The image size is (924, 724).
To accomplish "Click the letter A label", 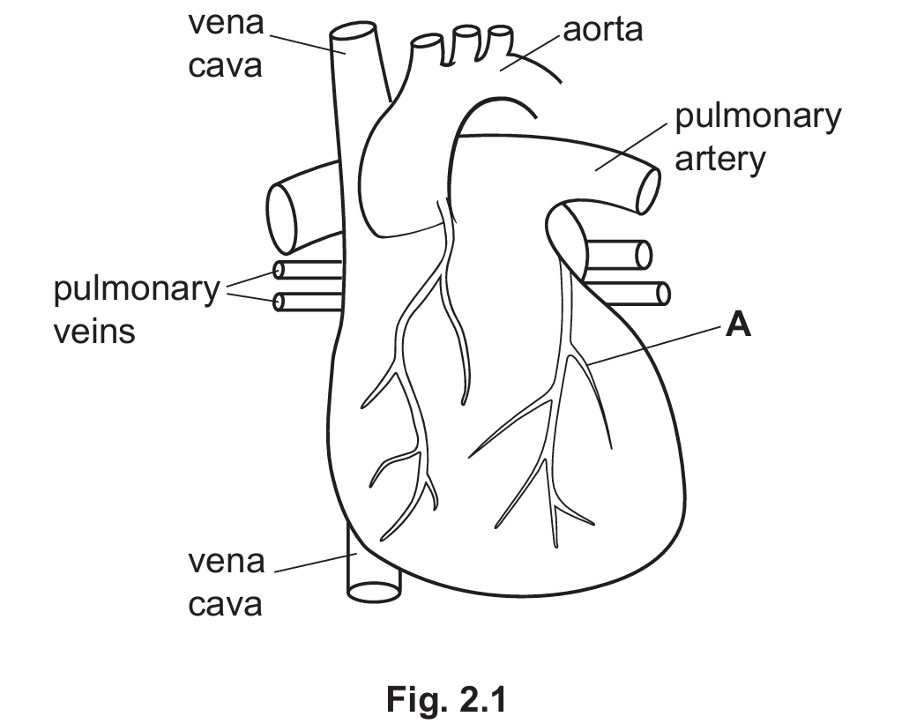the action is (x=738, y=325).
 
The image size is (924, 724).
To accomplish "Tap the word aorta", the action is (x=602, y=29).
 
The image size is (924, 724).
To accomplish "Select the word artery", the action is (x=719, y=160).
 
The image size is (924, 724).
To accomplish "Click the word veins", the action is (x=94, y=331).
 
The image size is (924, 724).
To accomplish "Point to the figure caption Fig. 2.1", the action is (x=446, y=699).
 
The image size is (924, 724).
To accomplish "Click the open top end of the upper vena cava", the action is (x=353, y=31).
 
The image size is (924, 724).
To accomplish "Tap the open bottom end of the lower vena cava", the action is (x=374, y=592).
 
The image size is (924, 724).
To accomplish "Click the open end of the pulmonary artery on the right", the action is (x=648, y=190).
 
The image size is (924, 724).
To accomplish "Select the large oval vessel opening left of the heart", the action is (x=282, y=218).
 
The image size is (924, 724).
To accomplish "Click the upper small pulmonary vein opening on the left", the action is (x=279, y=270).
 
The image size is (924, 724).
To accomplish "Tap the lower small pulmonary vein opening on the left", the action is (x=279, y=302).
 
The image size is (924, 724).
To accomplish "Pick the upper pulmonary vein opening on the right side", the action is (x=644, y=255).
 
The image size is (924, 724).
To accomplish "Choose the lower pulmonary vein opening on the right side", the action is (x=663, y=294).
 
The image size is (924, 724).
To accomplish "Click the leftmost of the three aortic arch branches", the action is (x=427, y=41).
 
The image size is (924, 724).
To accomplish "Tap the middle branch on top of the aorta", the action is (x=465, y=33).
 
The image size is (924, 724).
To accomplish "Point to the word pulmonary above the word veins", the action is (x=137, y=289).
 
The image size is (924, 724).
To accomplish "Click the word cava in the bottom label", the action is (x=225, y=605).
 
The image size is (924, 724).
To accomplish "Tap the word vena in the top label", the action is (x=227, y=24).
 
